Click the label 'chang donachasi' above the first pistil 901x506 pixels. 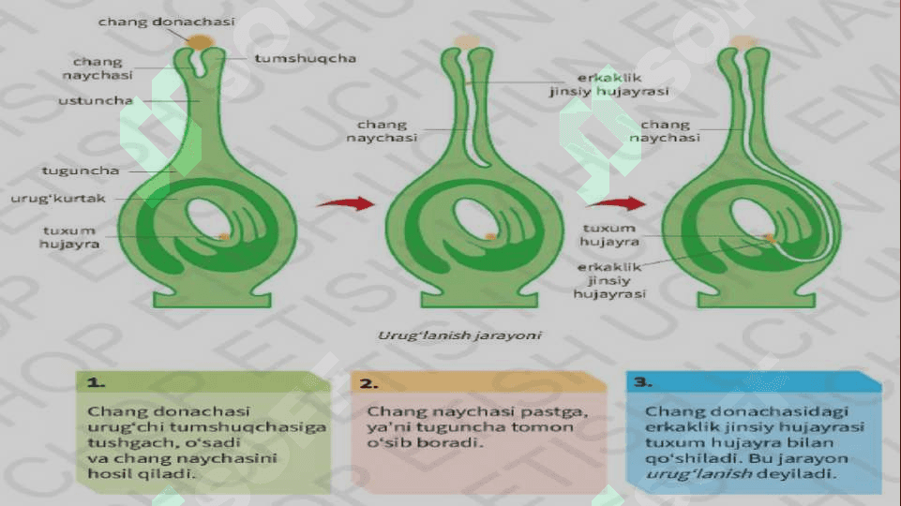tap(167, 22)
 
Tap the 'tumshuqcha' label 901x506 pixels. tap(305, 59)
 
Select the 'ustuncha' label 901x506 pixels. tap(96, 100)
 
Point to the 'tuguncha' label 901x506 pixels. tap(81, 171)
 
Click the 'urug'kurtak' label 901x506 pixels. tap(58, 198)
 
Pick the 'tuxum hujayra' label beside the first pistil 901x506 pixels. tap(69, 237)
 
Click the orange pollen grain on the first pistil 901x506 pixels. tap(200, 42)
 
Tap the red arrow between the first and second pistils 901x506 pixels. tap(346, 203)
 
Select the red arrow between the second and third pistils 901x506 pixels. tap(616, 203)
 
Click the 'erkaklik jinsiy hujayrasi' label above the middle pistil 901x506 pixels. tap(609, 84)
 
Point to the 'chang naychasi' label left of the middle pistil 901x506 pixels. tap(382, 131)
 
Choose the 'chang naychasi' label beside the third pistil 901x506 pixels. tap(665, 131)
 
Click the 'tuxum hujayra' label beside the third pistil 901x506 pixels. tap(609, 235)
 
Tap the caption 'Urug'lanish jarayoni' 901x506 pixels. tap(459, 335)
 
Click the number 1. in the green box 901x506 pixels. tap(96, 382)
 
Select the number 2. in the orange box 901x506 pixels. tap(368, 383)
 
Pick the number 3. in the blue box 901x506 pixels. tap(643, 382)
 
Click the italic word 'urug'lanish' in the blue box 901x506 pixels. tap(699, 474)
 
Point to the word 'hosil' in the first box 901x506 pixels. tap(107, 474)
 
